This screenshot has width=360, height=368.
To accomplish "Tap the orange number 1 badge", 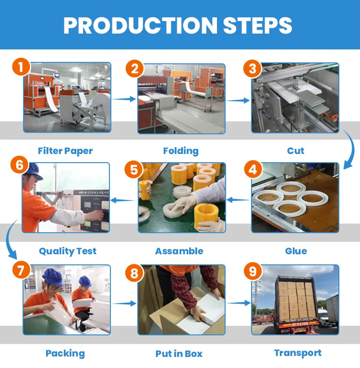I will [20, 67].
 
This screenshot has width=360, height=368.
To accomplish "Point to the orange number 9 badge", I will [252, 272].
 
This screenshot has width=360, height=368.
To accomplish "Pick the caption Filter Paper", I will [65, 151].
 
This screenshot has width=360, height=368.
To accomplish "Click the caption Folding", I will [180, 151].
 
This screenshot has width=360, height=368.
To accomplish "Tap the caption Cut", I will [296, 151].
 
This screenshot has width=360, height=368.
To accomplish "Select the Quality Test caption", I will [68, 251].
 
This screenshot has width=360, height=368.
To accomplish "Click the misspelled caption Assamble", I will [179, 251].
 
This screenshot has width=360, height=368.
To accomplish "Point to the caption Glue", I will [296, 251].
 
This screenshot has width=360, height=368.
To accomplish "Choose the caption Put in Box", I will [179, 354].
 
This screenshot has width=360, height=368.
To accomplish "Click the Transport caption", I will [298, 353].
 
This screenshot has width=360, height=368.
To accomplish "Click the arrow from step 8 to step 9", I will [238, 303].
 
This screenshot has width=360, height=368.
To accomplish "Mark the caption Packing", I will [65, 354].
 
